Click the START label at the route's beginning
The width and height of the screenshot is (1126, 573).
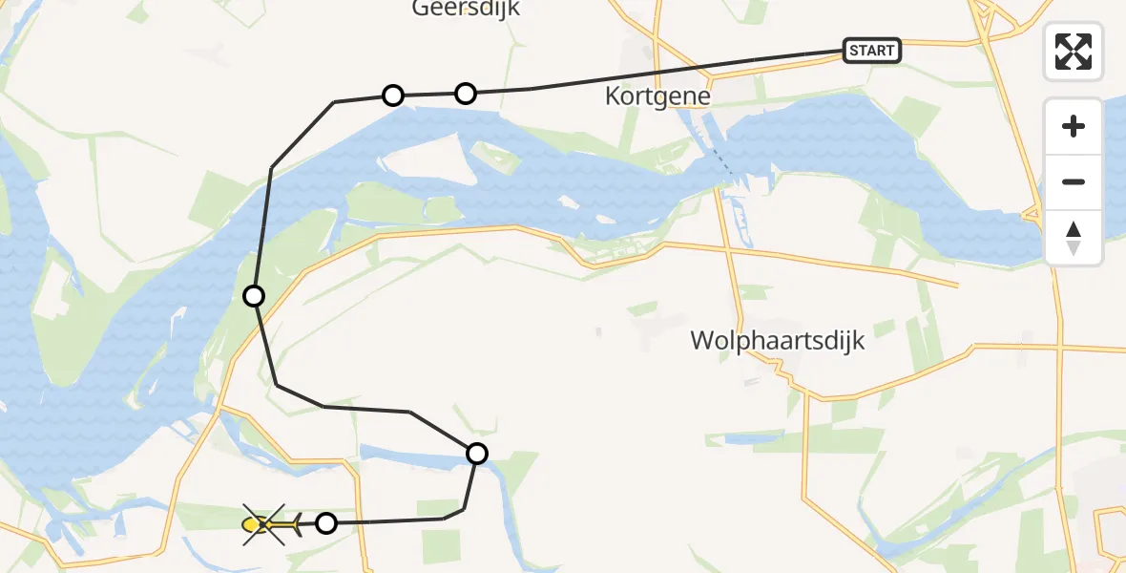(872, 51)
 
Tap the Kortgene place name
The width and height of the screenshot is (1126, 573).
(657, 96)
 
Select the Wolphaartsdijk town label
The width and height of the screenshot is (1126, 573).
(779, 340)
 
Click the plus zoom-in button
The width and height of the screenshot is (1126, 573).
(1074, 126)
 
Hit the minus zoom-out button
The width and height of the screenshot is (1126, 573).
(1074, 181)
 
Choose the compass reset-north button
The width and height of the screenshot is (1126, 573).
(1074, 238)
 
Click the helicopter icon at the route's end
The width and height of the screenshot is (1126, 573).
(271, 524)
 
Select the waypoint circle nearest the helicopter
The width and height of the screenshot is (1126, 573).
(326, 523)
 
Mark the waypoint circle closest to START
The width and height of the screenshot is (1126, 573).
(465, 93)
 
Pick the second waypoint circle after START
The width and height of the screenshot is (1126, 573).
(392, 95)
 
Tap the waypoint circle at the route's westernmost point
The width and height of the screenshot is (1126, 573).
(253, 296)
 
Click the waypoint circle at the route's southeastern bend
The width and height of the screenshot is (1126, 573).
(477, 454)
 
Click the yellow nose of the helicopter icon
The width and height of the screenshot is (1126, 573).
(252, 524)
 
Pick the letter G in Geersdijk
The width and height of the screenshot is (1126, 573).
(421, 9)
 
